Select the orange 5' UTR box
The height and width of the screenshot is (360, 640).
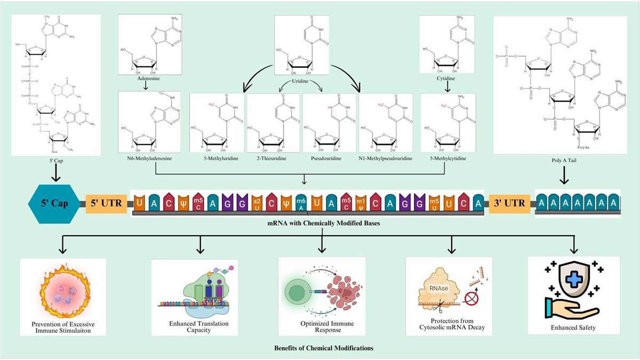[105, 203]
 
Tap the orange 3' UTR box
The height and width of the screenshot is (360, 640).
[509, 203]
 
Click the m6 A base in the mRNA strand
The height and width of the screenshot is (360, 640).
[301, 203]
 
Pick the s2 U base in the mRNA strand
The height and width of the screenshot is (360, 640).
[257, 203]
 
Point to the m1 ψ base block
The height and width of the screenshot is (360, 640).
[361, 203]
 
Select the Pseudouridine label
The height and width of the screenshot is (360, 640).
[330, 158]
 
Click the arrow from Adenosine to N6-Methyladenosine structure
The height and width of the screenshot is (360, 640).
[146, 85]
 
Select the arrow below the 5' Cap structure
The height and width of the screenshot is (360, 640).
[55, 172]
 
